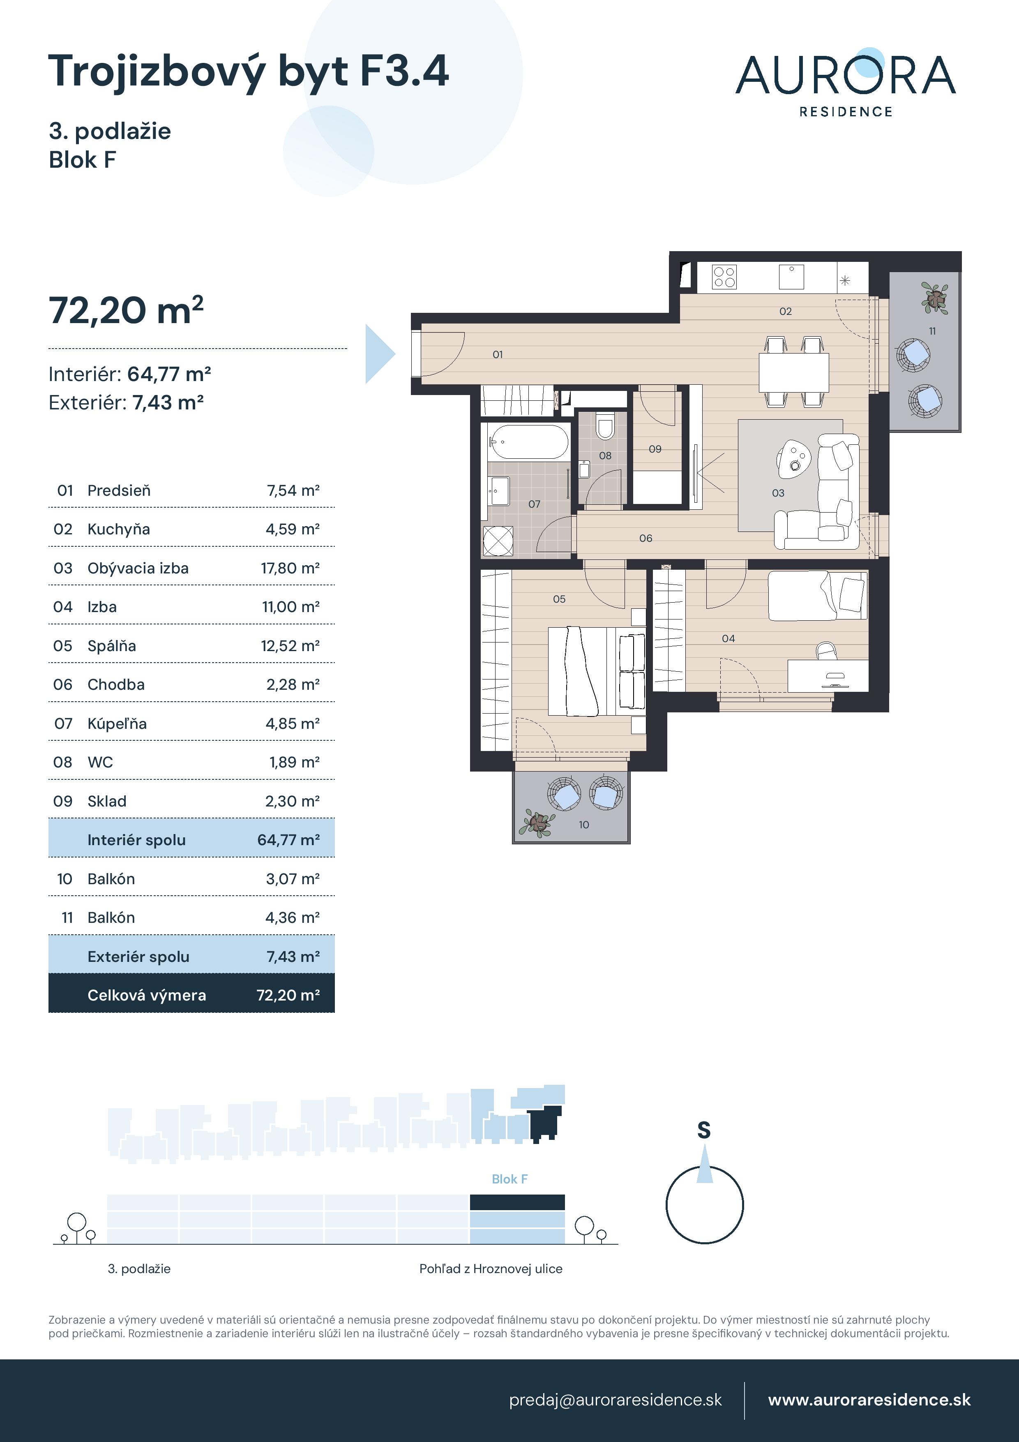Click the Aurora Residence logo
[845, 83]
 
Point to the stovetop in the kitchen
[724, 277]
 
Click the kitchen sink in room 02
[791, 277]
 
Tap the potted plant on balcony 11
[935, 298]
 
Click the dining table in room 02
[793, 372]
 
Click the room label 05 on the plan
[559, 599]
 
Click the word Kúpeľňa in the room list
[117, 723]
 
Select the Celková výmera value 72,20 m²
[288, 995]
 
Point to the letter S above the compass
[704, 1130]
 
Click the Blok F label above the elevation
[509, 1179]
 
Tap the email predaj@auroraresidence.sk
[615, 1400]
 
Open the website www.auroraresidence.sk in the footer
[869, 1400]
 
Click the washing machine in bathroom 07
[498, 541]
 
